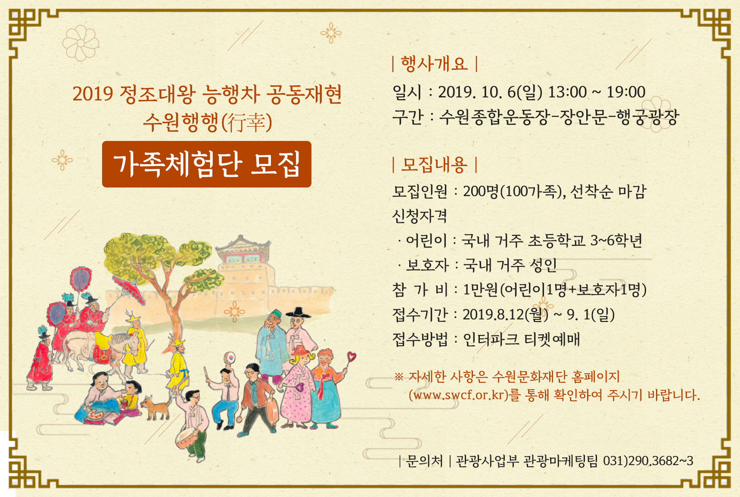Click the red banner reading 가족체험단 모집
coord(207,164)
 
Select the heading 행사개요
coord(434,64)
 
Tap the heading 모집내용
coord(434,165)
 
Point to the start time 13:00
coord(567,92)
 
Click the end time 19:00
coord(626,92)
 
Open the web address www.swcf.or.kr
coord(459,395)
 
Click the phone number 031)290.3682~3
coord(648,461)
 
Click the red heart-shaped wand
coord(352,357)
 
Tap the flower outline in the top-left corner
coord(80,43)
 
